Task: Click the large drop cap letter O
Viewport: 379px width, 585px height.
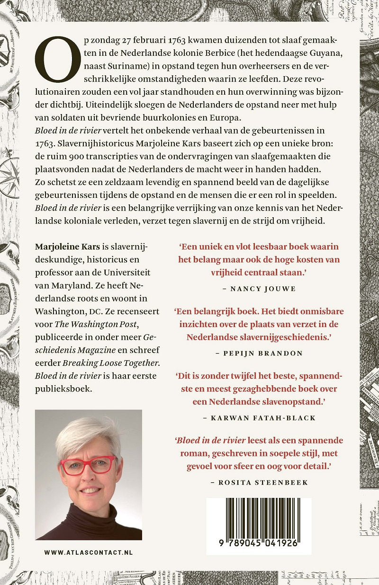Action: click(x=56, y=59)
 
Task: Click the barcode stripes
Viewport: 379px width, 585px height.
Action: click(x=259, y=516)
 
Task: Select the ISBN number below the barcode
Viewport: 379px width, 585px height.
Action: click(x=259, y=543)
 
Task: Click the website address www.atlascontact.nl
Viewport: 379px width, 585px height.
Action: click(x=89, y=552)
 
